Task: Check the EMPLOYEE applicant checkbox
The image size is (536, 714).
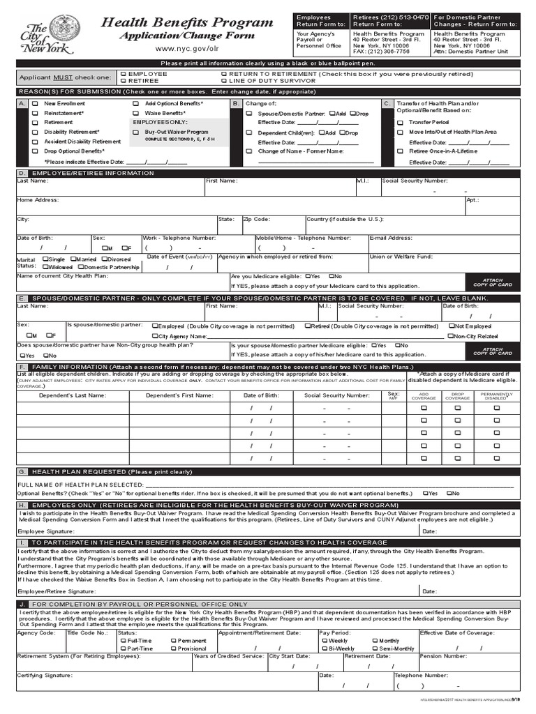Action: click(124, 73)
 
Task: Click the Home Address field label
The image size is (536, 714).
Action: click(38, 199)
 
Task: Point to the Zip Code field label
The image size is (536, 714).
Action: click(256, 219)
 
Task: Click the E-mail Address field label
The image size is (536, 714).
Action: click(391, 238)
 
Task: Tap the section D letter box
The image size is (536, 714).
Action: click(22, 173)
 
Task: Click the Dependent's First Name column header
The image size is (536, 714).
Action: click(179, 395)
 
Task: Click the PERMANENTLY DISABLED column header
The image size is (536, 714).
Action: click(496, 395)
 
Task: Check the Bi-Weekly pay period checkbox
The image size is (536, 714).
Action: click(323, 648)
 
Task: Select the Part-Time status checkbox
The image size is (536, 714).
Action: click(124, 648)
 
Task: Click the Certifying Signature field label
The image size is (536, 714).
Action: click(45, 676)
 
